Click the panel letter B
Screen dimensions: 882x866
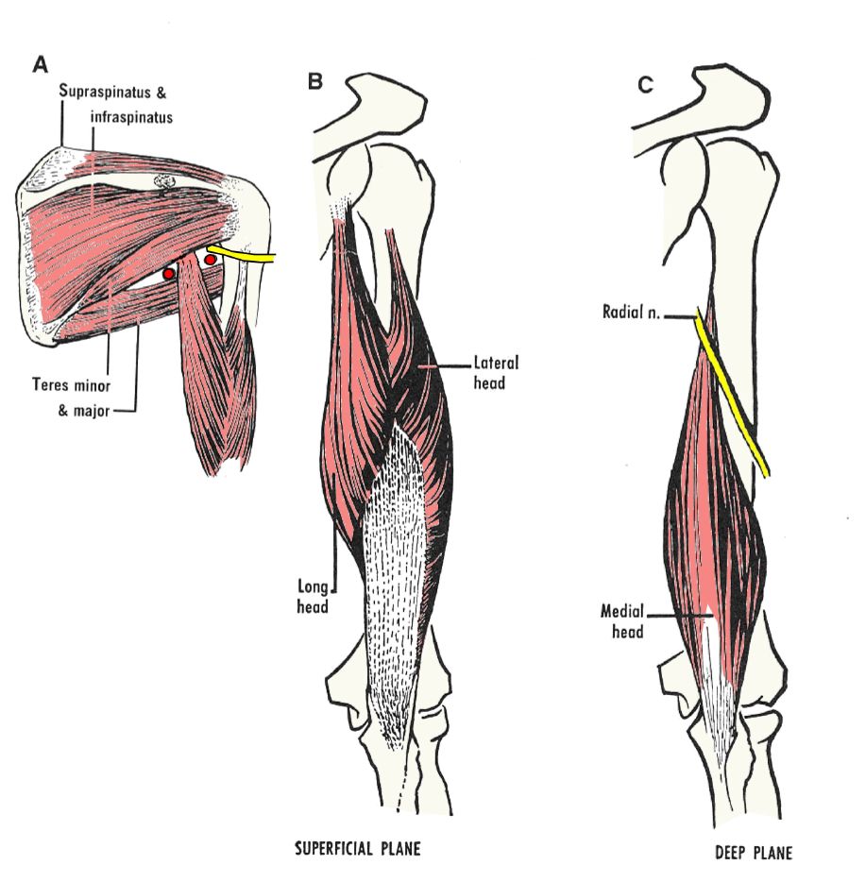tap(315, 81)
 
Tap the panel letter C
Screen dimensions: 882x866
tap(645, 85)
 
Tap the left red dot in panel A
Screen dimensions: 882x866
tap(169, 273)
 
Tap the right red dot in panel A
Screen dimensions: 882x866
tap(210, 258)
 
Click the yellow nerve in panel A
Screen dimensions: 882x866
tap(246, 255)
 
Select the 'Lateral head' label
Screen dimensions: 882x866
tap(494, 371)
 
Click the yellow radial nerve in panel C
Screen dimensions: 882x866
tap(733, 397)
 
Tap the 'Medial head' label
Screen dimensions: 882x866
tap(621, 619)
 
